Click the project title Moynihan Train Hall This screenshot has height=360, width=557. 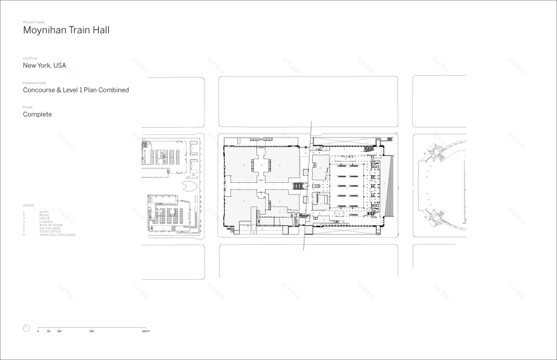(66, 30)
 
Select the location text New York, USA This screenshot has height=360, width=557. (44, 65)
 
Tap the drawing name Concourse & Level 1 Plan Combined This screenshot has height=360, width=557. (76, 90)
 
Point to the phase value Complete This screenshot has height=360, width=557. (37, 115)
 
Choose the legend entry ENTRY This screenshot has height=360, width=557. (44, 211)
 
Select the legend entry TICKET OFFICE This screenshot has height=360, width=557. (50, 232)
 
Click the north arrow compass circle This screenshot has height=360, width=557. (26, 328)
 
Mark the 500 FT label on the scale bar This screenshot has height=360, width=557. (146, 332)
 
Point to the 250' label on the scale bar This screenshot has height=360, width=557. (92, 332)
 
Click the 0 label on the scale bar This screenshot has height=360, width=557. (38, 332)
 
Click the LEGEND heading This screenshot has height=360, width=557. (28, 205)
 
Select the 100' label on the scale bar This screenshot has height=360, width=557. (59, 332)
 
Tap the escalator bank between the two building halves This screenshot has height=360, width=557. (297, 187)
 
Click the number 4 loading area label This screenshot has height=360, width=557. (262, 229)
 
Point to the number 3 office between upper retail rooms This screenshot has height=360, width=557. (261, 164)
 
